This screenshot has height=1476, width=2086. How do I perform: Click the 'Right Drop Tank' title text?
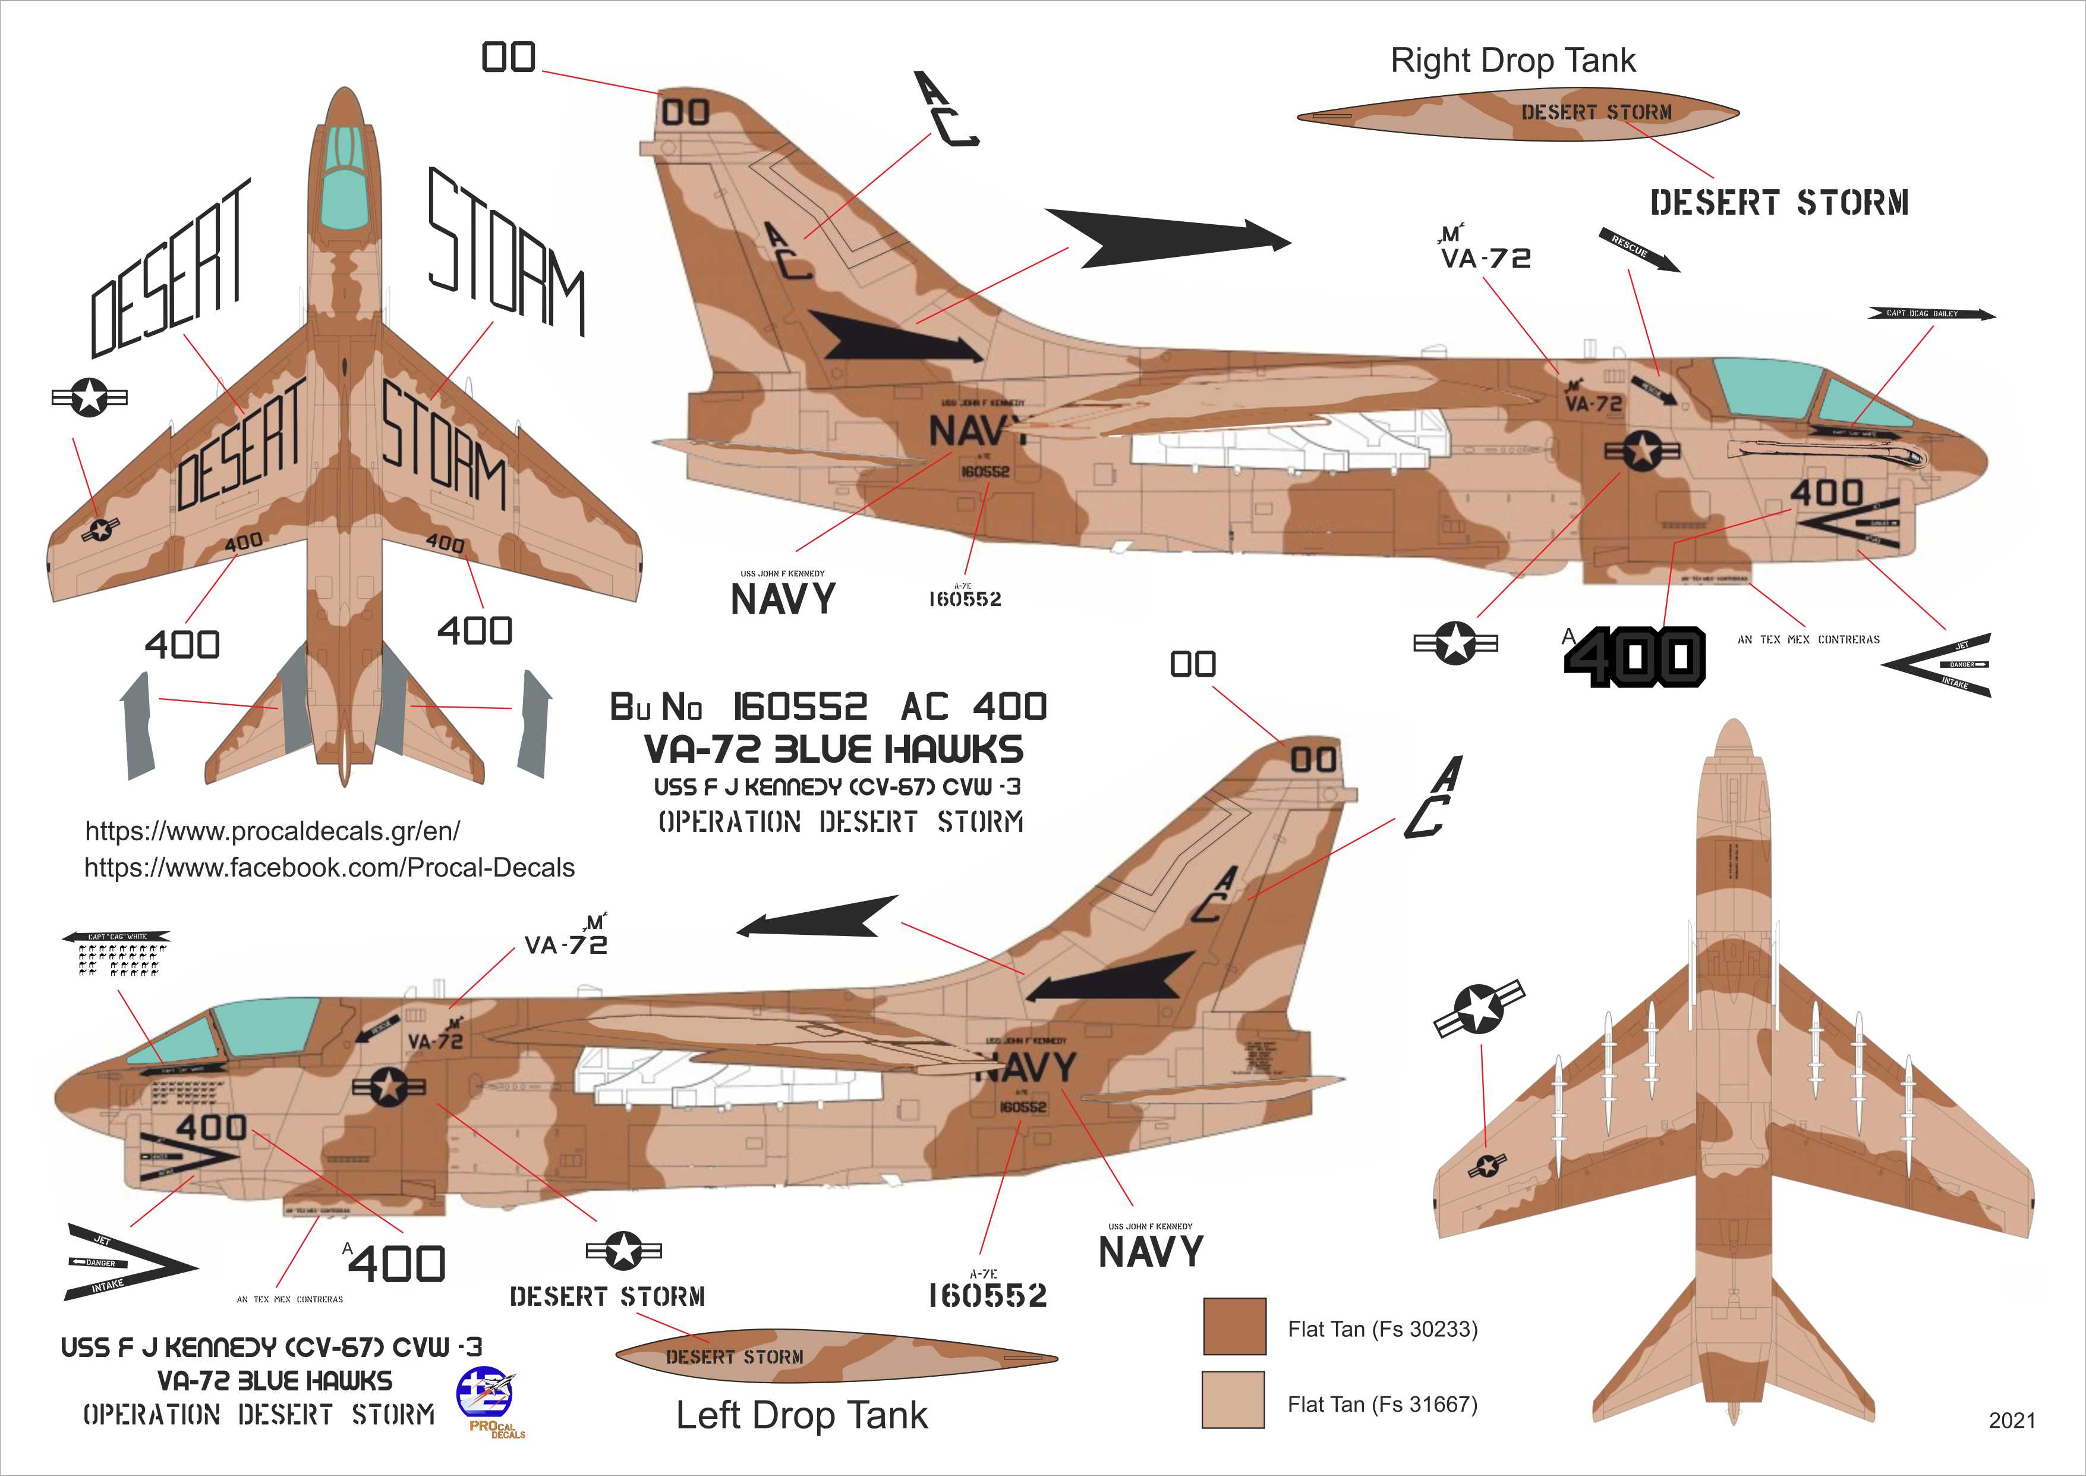[x=1512, y=61]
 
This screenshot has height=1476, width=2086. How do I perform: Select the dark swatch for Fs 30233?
[x=1234, y=1326]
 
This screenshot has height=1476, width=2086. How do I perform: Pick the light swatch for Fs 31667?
[x=1233, y=1400]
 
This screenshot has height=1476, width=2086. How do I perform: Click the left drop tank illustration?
[x=836, y=1358]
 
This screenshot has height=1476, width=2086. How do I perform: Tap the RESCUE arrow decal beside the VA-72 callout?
[x=1639, y=250]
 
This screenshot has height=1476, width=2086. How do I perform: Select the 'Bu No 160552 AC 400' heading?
[x=828, y=706]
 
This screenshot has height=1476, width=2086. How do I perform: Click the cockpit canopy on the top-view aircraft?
[x=345, y=182]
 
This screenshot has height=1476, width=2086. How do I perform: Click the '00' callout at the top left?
[x=509, y=57]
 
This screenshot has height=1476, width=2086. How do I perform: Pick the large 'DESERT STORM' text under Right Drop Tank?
[x=1779, y=203]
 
